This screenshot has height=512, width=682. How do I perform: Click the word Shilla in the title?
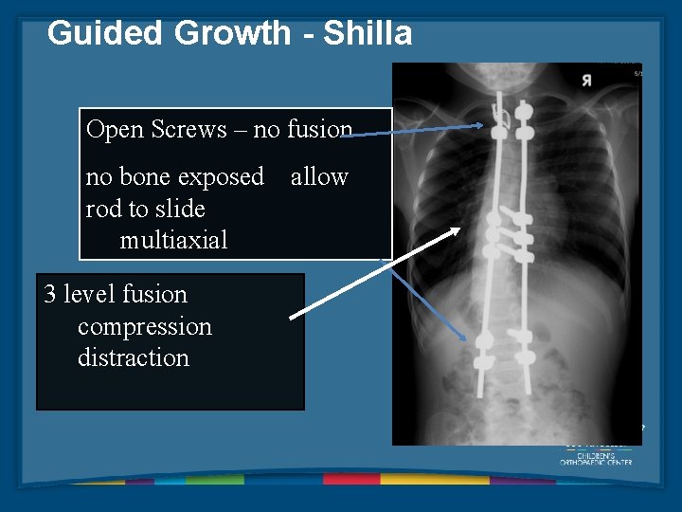tap(368, 33)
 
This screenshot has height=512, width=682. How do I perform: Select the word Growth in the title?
tap(232, 33)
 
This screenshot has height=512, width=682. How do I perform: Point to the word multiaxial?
tap(173, 241)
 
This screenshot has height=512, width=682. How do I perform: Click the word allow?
tap(319, 177)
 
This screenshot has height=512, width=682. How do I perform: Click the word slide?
tap(184, 209)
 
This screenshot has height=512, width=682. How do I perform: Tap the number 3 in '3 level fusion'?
tap(50, 295)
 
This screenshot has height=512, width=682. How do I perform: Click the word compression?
tap(144, 326)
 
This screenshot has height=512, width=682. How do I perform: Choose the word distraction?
tap(133, 358)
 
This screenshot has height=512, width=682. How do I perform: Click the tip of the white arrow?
tap(460, 229)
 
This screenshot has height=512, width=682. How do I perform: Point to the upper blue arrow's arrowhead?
tap(486, 125)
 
